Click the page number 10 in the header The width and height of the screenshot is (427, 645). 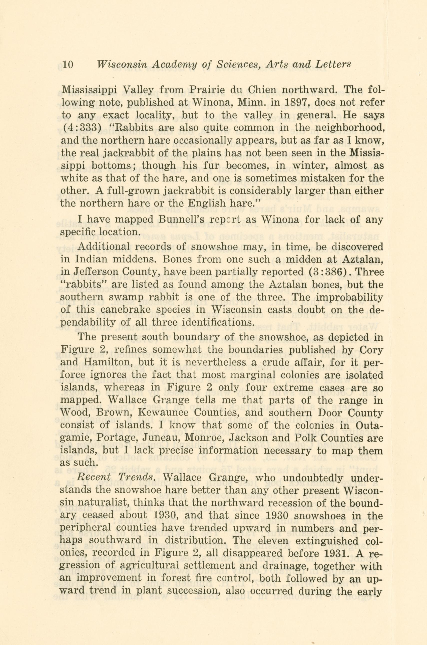[68, 65]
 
